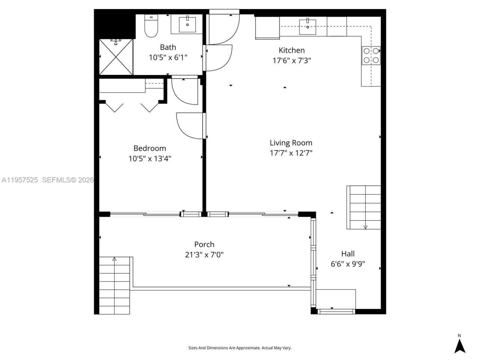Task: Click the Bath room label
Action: click(168, 47)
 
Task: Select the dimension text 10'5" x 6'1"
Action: click(168, 57)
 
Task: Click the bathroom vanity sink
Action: click(187, 25)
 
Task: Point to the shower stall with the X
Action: click(116, 57)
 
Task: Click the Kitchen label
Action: click(291, 50)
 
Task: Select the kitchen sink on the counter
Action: click(307, 25)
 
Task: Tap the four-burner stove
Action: click(371, 55)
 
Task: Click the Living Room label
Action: click(291, 143)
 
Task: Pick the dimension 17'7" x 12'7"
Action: click(291, 153)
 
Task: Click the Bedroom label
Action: click(150, 148)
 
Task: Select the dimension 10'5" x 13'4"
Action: click(150, 159)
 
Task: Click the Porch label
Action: click(204, 244)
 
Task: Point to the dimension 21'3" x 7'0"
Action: click(204, 255)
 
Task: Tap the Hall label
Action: click(348, 254)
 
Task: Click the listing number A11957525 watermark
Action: click(19, 180)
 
